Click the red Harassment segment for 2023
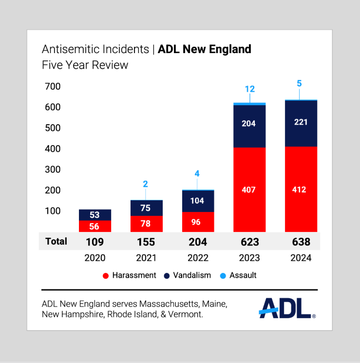[x=249, y=190]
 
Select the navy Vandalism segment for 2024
[x=301, y=123]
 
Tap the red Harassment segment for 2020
[x=95, y=226]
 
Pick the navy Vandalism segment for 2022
[x=198, y=201]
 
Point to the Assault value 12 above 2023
[x=250, y=89]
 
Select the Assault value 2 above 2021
[x=145, y=184]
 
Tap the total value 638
[x=301, y=242]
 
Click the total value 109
[x=95, y=242]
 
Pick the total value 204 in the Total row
[x=198, y=242]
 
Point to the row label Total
[x=56, y=241]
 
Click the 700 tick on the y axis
[x=53, y=87]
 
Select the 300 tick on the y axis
[x=53, y=170]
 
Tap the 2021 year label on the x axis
[x=146, y=258]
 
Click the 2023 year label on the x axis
[x=249, y=258]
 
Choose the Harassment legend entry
[x=129, y=275]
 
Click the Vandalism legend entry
[x=188, y=275]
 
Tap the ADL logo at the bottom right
[x=287, y=308]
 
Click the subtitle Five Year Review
[x=85, y=65]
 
